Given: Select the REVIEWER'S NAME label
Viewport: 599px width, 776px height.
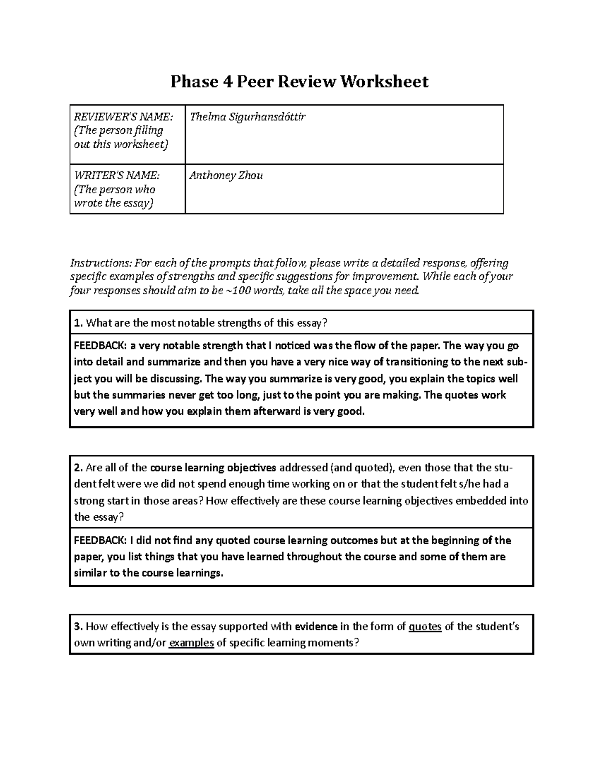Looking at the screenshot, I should click(123, 117).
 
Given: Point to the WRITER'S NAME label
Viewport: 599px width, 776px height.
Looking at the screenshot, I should click(117, 176).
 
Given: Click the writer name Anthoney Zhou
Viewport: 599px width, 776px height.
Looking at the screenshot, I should click(226, 176).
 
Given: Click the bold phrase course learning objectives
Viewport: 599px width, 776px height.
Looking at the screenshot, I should click(213, 468).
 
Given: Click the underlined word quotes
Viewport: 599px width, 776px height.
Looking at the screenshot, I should click(425, 627).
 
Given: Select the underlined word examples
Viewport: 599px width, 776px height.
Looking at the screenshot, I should click(191, 643).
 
